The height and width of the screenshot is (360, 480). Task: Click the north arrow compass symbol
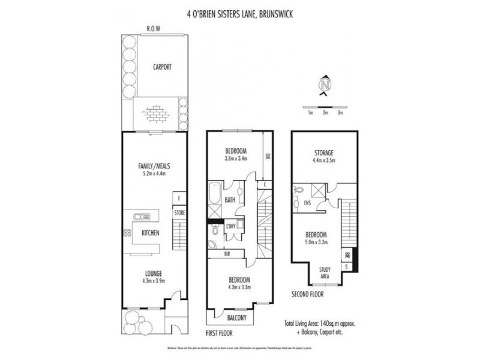(325, 86)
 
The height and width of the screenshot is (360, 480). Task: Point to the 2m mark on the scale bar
(325, 112)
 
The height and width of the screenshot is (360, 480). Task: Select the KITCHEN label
(150, 233)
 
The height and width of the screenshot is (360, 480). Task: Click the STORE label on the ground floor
(179, 212)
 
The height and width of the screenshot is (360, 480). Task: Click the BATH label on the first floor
(230, 200)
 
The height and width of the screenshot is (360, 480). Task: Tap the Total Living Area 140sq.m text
(320, 322)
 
